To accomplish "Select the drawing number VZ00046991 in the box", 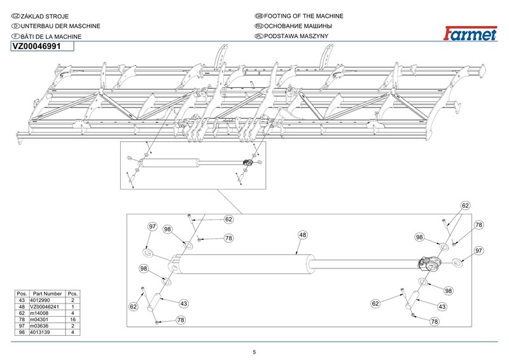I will tap(37, 46).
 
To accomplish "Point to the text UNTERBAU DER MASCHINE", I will tap(60, 26).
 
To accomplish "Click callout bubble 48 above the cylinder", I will tap(303, 235).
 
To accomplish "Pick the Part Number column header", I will tap(47, 294).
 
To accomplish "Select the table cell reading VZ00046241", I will tap(47, 307).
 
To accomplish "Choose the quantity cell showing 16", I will tap(73, 320).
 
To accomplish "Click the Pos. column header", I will tap(22, 294).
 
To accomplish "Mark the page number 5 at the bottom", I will tap(254, 352).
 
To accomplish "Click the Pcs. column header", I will tap(73, 294).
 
